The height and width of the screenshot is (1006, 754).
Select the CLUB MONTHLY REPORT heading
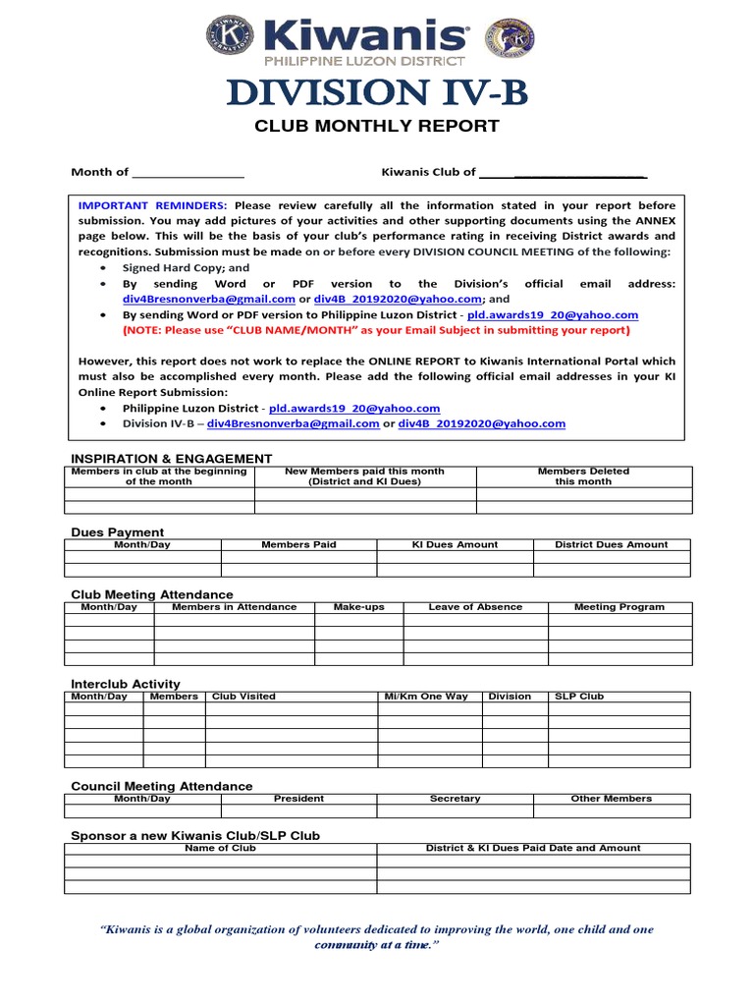pos(377,126)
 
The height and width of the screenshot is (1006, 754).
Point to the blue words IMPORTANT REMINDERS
pos(152,205)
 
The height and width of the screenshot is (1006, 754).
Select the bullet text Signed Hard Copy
pos(186,267)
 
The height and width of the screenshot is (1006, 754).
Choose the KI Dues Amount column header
pos(455,544)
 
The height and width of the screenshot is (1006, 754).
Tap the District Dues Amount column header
pos(611,544)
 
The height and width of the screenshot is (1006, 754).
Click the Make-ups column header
pos(358,607)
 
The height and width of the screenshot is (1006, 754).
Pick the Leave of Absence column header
pos(475,607)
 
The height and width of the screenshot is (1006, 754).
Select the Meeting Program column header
pos(619,607)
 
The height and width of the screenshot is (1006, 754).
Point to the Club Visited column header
pos(243,697)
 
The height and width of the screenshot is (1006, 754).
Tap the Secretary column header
pos(455,799)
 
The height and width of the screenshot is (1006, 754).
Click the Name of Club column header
pos(220,848)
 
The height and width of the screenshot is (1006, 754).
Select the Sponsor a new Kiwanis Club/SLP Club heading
pos(195,835)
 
